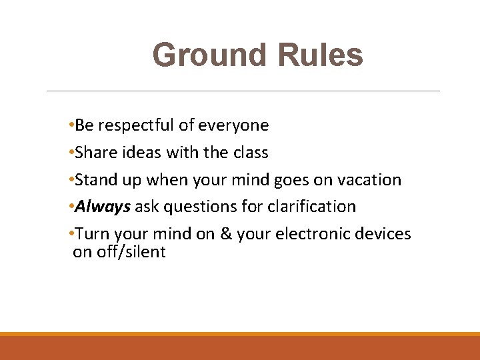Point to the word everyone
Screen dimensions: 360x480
click(x=235, y=125)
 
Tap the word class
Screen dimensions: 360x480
click(x=250, y=153)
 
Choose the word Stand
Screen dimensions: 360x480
click(x=95, y=180)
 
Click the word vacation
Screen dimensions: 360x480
click(x=369, y=180)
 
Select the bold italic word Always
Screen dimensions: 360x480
click(x=103, y=207)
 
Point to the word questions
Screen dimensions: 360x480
click(x=200, y=207)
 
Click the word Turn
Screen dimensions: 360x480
click(x=92, y=235)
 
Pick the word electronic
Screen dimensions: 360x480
click(x=314, y=235)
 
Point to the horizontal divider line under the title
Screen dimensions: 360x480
click(x=243, y=91)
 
